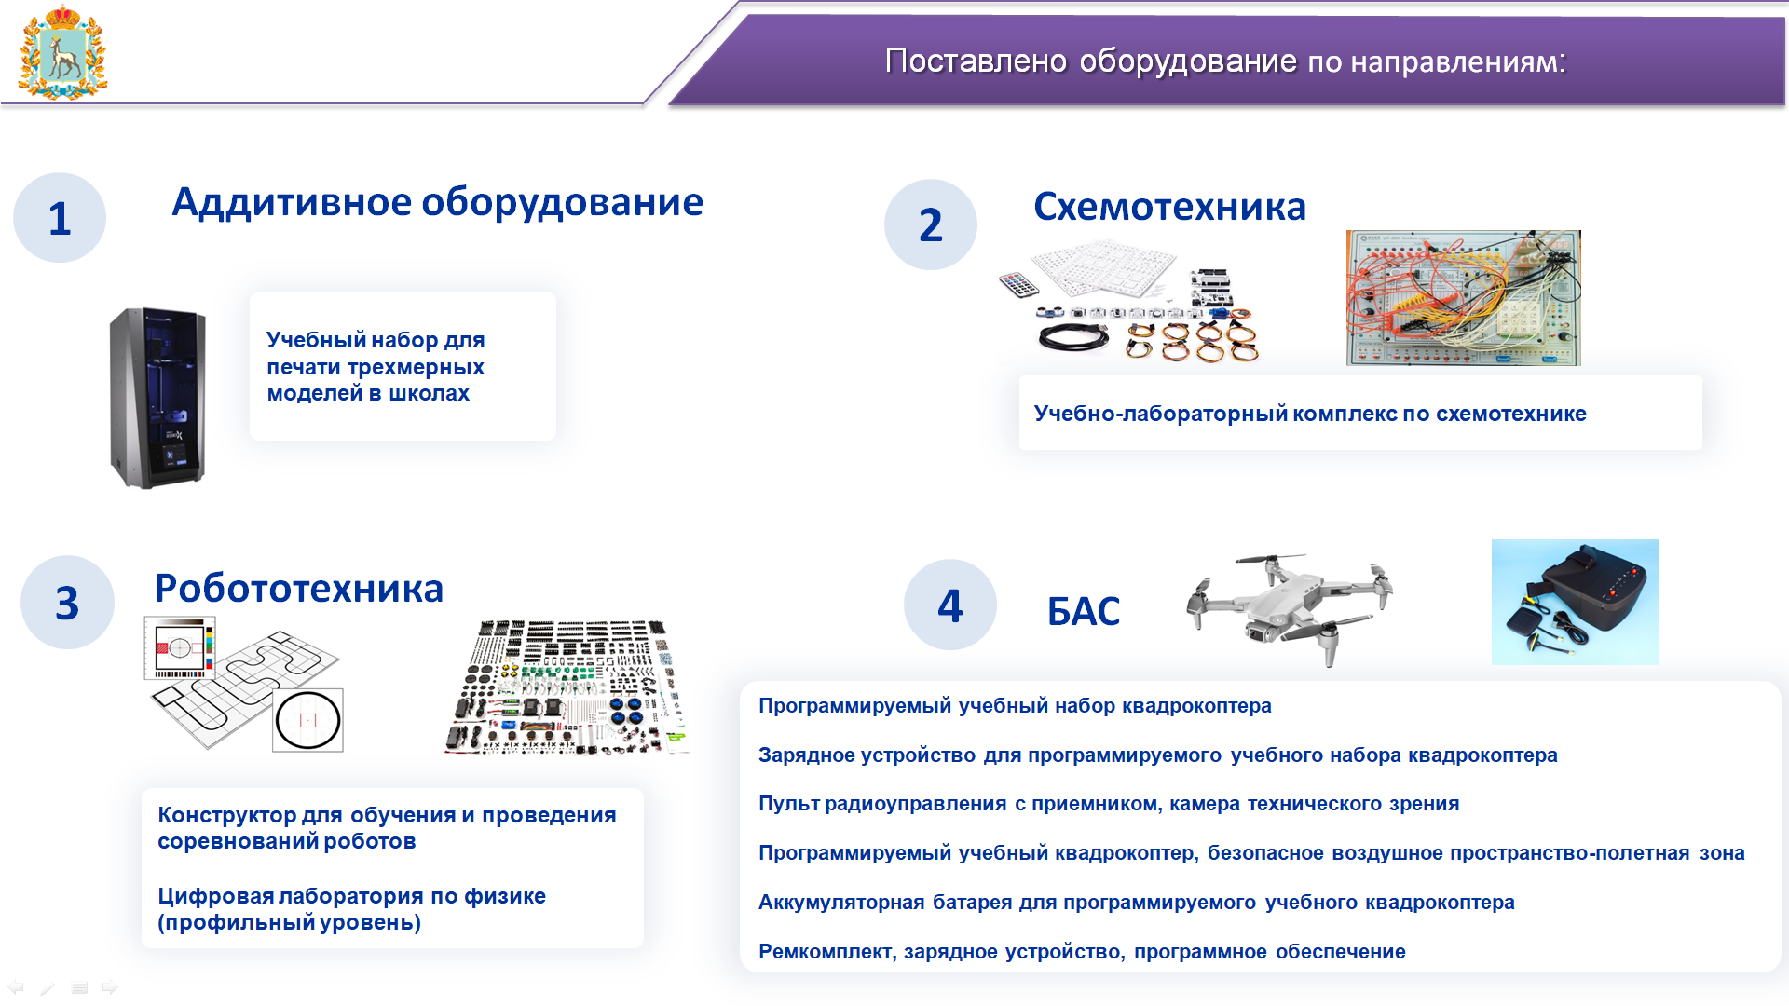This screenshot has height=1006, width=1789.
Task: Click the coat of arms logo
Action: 62,52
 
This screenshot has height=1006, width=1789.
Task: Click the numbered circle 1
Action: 60,218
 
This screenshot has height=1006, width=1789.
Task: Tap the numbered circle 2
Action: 931,224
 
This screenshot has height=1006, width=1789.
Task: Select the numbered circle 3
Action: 67,603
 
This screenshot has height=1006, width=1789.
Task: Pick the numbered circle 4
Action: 950,605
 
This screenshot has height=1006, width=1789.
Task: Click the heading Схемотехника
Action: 1169,207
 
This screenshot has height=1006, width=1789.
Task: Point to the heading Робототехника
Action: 299,589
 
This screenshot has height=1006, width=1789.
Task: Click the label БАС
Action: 1084,611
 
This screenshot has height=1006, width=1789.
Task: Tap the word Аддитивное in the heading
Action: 292,203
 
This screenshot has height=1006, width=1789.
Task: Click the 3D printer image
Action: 157,398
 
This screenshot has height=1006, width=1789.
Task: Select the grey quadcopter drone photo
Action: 1291,607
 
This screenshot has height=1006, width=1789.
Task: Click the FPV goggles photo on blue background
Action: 1575,602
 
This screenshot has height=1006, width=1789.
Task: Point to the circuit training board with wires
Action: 1464,298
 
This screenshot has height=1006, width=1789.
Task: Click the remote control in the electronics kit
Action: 1018,284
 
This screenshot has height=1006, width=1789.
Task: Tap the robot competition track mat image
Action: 244,684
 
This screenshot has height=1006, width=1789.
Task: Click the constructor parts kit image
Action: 567,687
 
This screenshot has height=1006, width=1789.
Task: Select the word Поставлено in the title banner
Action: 976,61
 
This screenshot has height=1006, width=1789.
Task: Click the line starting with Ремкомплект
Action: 1082,951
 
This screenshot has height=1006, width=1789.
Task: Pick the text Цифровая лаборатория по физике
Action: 351,896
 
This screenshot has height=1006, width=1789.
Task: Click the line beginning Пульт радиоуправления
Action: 1109,803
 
